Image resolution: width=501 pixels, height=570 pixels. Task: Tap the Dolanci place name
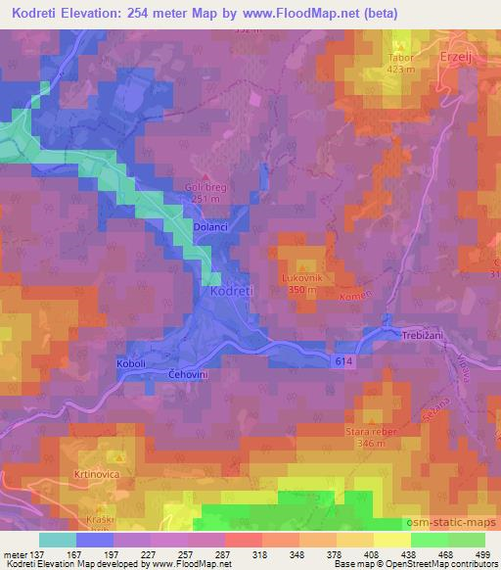pos(211,226)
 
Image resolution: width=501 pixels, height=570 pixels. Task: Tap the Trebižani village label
pos(424,336)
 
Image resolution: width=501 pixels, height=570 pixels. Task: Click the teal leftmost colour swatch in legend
pos(58,540)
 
